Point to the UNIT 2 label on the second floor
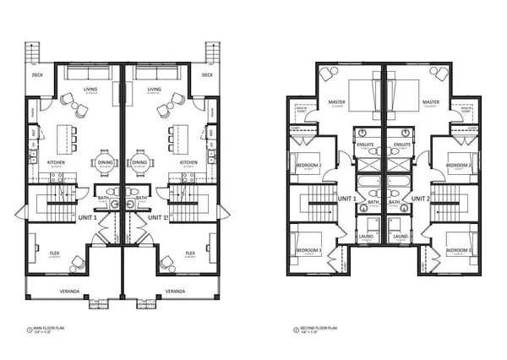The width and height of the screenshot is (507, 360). pyautogui.click(x=414, y=199)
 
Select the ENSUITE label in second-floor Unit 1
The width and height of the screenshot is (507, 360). pyautogui.click(x=366, y=145)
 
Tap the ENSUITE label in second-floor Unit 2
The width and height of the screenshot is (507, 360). pyautogui.click(x=401, y=145)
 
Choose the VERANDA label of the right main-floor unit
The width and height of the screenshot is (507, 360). pyautogui.click(x=175, y=292)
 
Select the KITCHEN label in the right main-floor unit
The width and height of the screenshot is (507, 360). pyautogui.click(x=189, y=161)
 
